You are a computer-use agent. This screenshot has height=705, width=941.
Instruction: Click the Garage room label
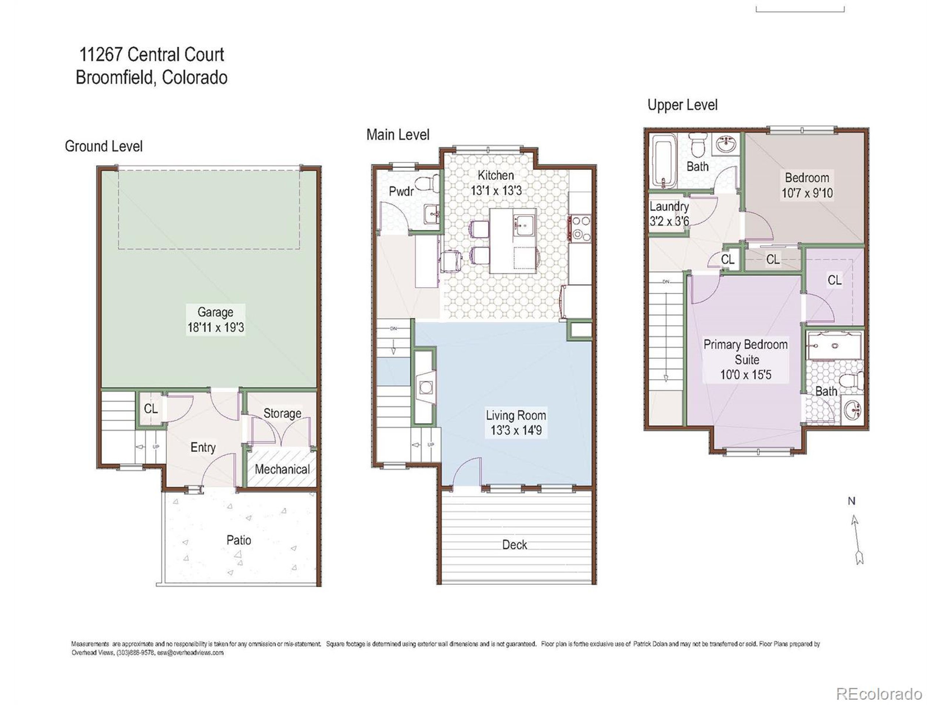(x=215, y=312)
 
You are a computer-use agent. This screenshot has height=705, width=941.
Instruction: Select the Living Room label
(x=516, y=415)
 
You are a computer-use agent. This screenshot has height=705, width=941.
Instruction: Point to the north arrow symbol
(x=856, y=539)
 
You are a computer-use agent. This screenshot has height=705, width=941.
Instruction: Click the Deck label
(x=514, y=545)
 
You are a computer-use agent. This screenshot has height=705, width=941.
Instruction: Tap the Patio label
(x=238, y=540)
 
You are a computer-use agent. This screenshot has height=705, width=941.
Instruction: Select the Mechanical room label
(x=282, y=470)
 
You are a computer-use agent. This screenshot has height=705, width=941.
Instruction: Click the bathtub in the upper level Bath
(x=663, y=162)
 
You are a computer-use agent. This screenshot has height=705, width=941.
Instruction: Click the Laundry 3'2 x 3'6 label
(x=669, y=214)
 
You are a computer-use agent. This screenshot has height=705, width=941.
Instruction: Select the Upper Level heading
(x=682, y=105)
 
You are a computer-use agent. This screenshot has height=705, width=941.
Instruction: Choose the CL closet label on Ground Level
(x=151, y=409)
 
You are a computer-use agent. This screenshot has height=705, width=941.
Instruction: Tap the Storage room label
(x=282, y=413)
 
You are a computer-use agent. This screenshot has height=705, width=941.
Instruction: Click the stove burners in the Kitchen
(x=580, y=228)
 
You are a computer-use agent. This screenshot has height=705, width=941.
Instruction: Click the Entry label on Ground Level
(x=203, y=448)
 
